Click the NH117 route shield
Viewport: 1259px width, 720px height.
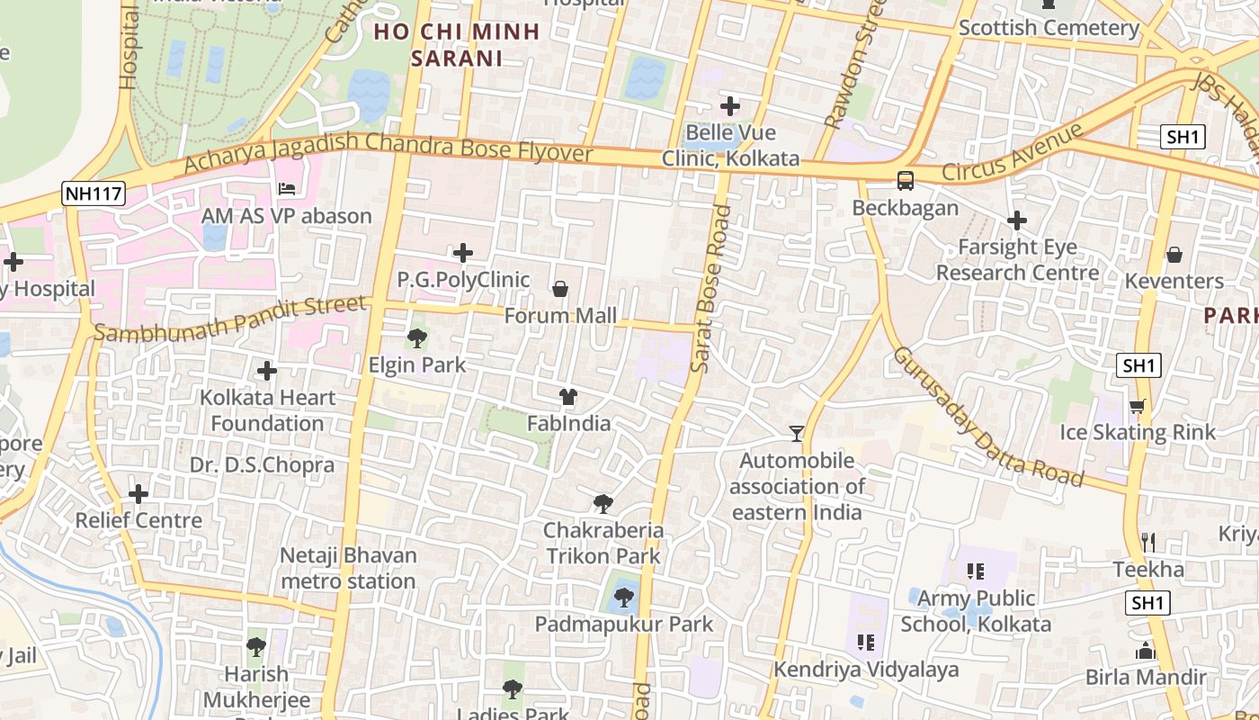94,193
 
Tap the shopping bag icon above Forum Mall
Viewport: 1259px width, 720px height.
560,289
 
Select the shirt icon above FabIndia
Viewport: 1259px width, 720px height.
567,396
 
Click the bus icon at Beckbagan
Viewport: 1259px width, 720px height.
906,180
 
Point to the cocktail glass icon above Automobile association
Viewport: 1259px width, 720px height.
796,434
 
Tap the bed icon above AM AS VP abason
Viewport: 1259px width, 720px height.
287,189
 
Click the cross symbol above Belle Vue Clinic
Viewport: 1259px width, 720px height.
730,106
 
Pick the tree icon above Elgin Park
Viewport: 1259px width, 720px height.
416,338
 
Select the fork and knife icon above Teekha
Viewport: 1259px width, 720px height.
1148,542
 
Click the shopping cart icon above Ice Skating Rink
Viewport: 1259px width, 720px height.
1138,406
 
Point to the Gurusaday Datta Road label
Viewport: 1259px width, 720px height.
987,416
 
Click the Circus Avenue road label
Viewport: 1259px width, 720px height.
1013,152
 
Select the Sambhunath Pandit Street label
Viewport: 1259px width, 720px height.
231,319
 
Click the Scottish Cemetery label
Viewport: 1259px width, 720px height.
1049,28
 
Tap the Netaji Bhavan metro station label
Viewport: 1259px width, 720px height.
348,568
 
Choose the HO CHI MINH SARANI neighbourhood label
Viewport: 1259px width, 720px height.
456,45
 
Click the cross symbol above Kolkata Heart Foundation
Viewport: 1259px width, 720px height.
267,371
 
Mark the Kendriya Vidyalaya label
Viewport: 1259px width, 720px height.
866,670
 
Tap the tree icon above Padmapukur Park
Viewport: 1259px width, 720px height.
623,597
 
